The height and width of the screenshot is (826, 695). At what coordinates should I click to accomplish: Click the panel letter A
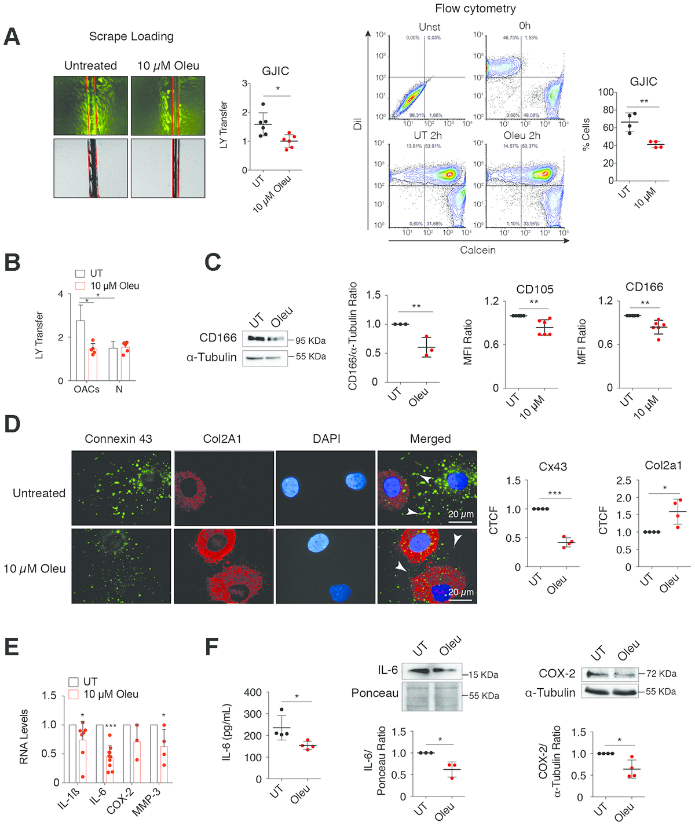click(x=12, y=36)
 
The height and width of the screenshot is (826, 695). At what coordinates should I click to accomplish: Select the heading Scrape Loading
click(x=131, y=36)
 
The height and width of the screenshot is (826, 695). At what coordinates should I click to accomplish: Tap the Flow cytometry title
click(x=475, y=9)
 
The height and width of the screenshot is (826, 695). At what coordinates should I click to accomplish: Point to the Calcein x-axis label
click(x=477, y=250)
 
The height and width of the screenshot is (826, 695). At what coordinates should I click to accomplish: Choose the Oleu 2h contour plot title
click(x=521, y=135)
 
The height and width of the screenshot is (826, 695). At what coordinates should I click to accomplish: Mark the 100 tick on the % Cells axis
click(x=606, y=92)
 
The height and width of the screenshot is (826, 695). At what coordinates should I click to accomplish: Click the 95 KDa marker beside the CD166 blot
click(x=310, y=340)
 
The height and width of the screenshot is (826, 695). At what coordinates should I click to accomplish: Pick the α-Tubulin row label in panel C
click(x=211, y=357)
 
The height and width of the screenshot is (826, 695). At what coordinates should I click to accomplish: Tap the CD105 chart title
click(x=535, y=289)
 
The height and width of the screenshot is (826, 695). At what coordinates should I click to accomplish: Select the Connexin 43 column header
click(x=118, y=439)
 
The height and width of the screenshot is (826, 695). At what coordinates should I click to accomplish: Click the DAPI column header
click(x=326, y=439)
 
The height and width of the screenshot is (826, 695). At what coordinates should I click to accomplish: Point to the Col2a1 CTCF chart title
click(x=663, y=465)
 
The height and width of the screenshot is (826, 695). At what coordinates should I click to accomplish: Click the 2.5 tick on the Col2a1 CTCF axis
click(x=623, y=480)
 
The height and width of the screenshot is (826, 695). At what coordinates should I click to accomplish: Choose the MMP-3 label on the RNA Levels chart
click(x=147, y=802)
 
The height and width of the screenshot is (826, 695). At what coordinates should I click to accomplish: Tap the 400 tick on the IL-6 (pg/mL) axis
click(x=253, y=692)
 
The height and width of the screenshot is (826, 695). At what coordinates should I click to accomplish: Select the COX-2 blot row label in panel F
click(x=557, y=674)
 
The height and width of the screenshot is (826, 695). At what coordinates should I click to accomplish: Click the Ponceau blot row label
click(x=375, y=693)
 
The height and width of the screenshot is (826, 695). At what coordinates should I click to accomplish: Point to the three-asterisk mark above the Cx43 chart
click(x=554, y=494)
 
